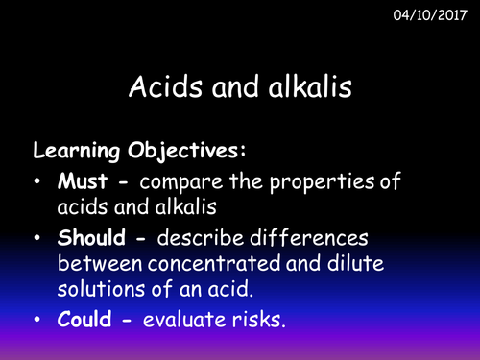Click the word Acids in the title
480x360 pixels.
coord(160,88)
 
